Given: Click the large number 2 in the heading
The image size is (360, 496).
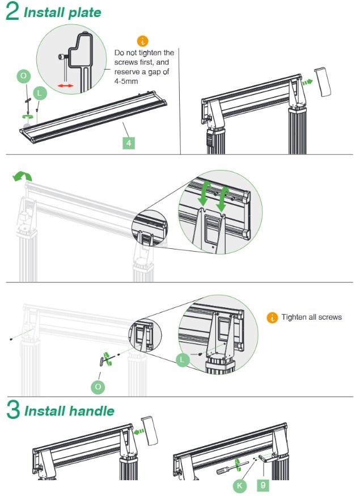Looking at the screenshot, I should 12,12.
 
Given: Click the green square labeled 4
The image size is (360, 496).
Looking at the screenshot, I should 130,143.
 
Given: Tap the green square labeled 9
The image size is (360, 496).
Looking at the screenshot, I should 264,485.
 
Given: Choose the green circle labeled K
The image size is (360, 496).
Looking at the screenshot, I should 240,485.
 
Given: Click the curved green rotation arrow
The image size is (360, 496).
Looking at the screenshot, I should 22,177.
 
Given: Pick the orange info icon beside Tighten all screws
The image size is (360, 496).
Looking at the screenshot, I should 272,317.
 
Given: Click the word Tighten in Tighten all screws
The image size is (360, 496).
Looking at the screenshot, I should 295,317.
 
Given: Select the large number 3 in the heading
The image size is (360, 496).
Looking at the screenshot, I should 12,410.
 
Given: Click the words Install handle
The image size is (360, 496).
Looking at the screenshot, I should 69,411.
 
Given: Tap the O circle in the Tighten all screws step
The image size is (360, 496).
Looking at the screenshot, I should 99,387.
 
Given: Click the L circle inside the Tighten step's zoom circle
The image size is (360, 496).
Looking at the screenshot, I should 183,359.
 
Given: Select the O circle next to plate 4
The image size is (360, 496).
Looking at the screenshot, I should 23,76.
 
